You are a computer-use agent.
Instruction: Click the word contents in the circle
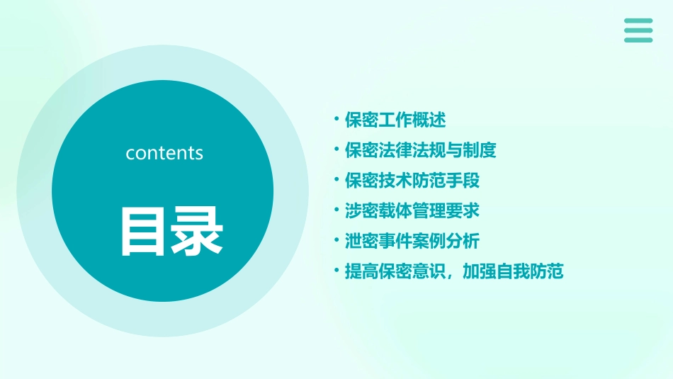click(x=164, y=153)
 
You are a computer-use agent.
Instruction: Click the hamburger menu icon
click(x=638, y=30)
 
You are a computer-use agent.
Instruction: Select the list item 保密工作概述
click(x=395, y=120)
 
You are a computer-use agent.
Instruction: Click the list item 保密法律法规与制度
click(x=421, y=150)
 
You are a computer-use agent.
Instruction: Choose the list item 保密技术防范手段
click(x=412, y=180)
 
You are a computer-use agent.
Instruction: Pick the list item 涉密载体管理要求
click(x=412, y=210)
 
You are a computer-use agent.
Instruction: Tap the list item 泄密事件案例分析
click(x=412, y=241)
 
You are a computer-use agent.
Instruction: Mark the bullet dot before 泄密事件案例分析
click(x=337, y=239)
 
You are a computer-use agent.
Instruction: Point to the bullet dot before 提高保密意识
click(x=337, y=270)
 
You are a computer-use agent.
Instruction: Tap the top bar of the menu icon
click(x=638, y=21)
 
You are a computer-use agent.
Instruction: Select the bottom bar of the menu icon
click(x=638, y=40)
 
